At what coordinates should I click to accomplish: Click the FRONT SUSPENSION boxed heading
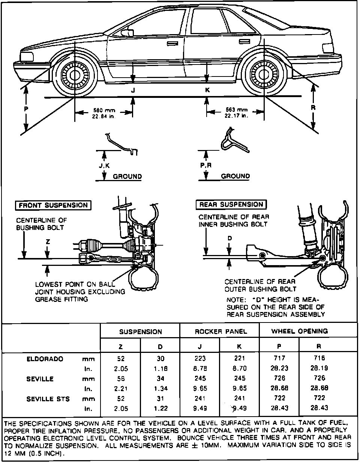tap(53, 205)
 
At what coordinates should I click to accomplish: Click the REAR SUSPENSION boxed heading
tap(231, 204)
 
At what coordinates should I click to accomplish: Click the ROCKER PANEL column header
tap(221, 331)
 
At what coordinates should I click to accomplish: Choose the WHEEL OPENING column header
tap(299, 331)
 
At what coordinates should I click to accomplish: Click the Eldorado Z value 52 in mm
tap(121, 358)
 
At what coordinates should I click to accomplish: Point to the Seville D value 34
tap(160, 378)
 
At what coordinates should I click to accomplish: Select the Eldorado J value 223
tap(200, 358)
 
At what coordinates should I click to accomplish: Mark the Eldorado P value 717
tap(279, 358)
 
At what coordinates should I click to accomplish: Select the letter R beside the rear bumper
tap(313, 107)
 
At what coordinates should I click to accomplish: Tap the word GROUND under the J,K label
tap(127, 176)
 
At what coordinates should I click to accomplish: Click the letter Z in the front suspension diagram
tap(48, 242)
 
